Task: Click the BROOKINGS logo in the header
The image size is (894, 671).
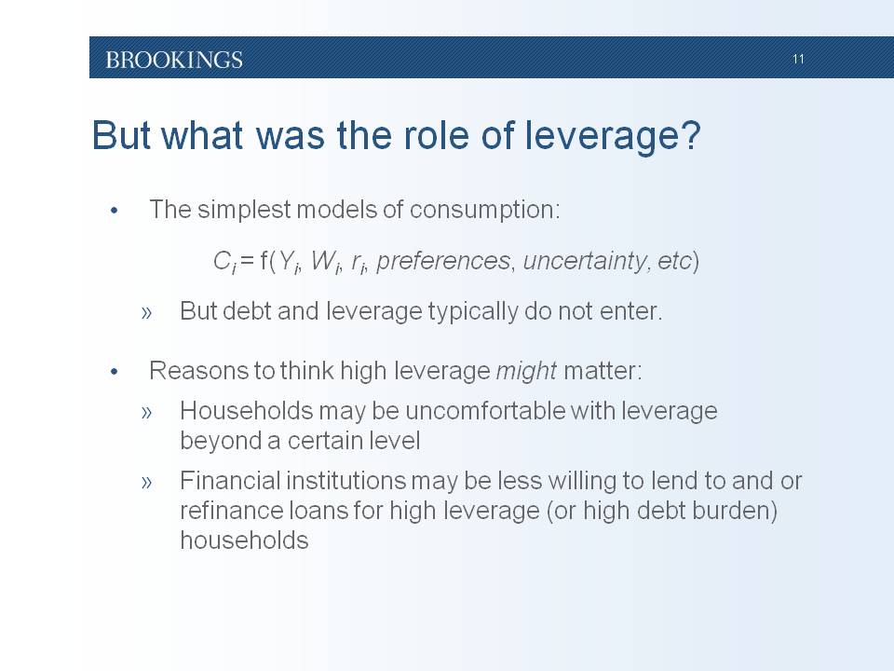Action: coord(174,60)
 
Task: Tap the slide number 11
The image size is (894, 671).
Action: coord(798,59)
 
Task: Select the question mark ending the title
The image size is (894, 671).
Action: coord(692,136)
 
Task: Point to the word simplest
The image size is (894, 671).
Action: coord(244,210)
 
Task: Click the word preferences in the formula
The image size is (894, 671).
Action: coord(443,261)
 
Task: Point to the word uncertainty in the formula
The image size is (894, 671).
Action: coord(585,261)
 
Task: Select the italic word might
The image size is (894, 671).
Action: coord(526,372)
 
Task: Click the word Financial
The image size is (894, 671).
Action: coord(229,481)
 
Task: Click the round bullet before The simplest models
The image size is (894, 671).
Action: coord(114,212)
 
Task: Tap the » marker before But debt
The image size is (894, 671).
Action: coord(146,313)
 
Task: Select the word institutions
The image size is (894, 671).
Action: coord(345,481)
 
